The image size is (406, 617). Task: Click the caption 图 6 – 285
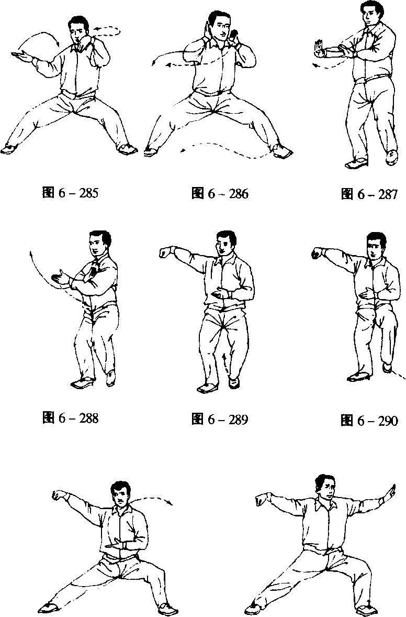point(70,194)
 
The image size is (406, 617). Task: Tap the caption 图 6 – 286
point(220,194)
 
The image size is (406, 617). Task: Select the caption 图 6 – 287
point(369,194)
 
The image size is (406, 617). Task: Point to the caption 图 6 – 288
point(70,418)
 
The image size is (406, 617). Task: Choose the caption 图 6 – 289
point(220,419)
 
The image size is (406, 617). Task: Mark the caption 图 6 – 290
point(369,420)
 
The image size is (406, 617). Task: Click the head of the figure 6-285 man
point(78,29)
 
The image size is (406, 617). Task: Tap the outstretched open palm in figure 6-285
point(21,57)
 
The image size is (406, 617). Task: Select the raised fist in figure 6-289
point(165,252)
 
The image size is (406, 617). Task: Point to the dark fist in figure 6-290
point(317,254)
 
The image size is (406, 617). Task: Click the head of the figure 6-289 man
point(226,244)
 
